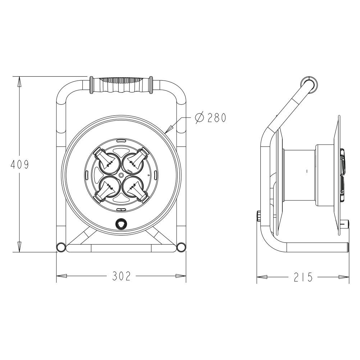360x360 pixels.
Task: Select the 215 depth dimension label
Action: (x=302, y=277)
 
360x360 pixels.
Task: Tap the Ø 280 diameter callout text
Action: (x=210, y=118)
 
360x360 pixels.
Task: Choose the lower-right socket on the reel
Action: (x=135, y=187)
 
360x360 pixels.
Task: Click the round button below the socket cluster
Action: (x=120, y=224)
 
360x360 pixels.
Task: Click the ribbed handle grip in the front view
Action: (x=120, y=85)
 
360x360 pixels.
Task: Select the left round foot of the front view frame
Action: (x=61, y=247)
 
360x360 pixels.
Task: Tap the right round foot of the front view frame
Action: (x=181, y=247)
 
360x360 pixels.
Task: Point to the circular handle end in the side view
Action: (x=309, y=82)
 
